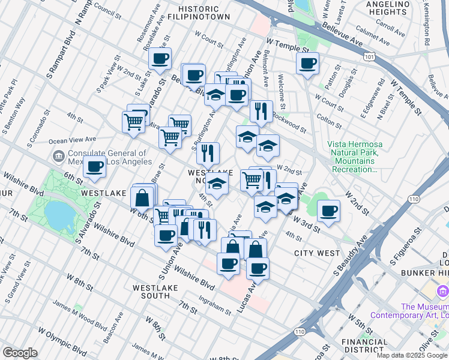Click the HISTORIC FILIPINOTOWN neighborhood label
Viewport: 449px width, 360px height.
(x=203, y=13)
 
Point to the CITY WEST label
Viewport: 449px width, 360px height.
(x=317, y=253)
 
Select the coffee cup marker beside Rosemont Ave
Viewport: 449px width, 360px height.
(x=160, y=59)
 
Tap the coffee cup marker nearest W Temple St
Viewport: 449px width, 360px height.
(x=307, y=64)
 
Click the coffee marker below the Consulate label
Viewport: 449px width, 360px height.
(x=94, y=167)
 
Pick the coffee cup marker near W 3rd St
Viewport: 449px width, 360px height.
(x=328, y=211)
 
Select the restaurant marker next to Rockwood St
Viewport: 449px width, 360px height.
(x=261, y=111)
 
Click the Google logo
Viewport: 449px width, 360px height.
(x=20, y=353)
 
